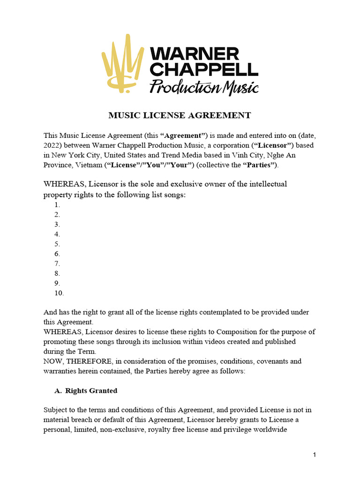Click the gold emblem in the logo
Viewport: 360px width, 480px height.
point(122,62)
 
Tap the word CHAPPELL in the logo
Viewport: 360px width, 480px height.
point(204,70)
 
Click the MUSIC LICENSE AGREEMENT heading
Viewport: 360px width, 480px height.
point(180,115)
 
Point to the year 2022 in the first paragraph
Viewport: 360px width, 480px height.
point(52,145)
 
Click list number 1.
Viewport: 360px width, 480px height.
point(57,205)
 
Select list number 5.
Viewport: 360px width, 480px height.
point(57,244)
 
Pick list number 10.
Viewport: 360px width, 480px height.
point(59,293)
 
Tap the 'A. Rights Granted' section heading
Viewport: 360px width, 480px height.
point(86,390)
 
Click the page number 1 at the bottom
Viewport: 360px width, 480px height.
point(315,455)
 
